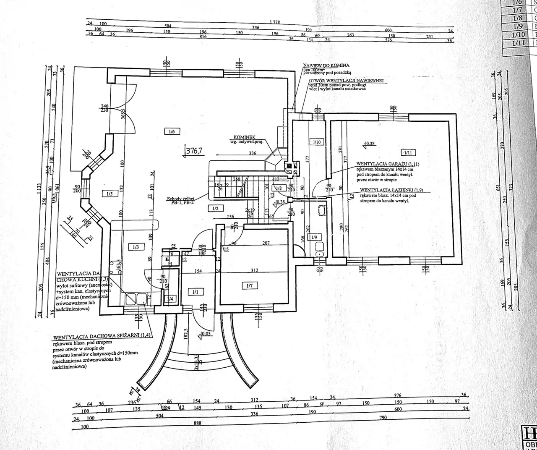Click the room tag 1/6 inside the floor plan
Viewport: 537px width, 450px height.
pyautogui.click(x=172, y=132)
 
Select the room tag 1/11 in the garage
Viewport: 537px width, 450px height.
pyautogui.click(x=407, y=152)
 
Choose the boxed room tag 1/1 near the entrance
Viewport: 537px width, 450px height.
pyautogui.click(x=195, y=292)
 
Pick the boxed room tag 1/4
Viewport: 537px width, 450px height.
pyautogui.click(x=170, y=299)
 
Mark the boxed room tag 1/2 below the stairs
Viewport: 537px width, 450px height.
pyautogui.click(x=215, y=208)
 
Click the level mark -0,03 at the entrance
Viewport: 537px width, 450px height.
pyautogui.click(x=205, y=334)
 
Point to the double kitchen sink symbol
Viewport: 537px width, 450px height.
pyautogui.click(x=137, y=299)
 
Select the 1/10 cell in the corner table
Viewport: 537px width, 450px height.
pyautogui.click(x=519, y=34)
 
